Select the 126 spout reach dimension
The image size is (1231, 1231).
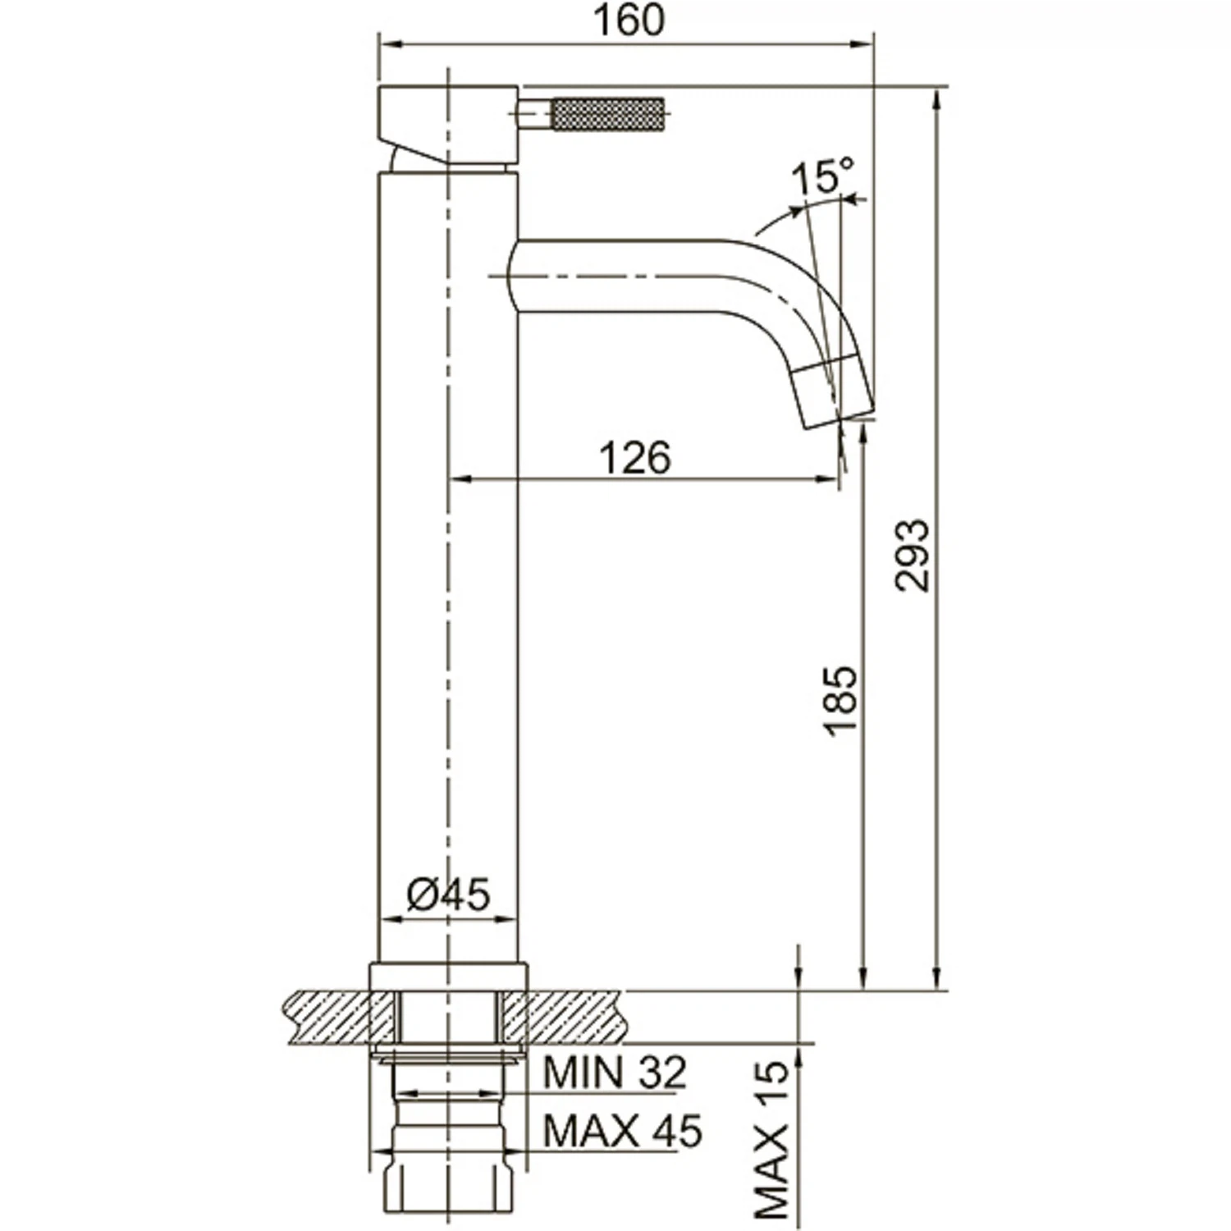(635, 457)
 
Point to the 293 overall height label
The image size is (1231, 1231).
(913, 555)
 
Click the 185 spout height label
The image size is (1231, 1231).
(840, 700)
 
